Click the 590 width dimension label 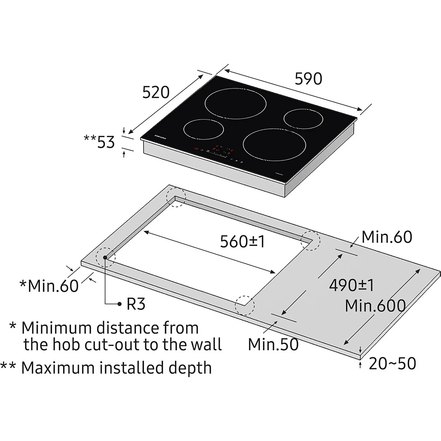point(308,79)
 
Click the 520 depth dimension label point(156,92)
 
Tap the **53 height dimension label point(99,142)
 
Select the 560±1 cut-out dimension point(243,242)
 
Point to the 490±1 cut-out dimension point(351,285)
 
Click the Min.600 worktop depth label point(375,306)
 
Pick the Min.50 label point(273,344)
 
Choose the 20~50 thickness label point(392,364)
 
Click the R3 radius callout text point(136,304)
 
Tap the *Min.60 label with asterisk point(49,286)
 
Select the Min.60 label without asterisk point(387,237)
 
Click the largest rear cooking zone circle point(235,105)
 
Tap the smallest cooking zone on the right point(303,118)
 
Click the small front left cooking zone point(203,129)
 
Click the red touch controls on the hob point(218,149)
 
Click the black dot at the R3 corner point(105,258)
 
